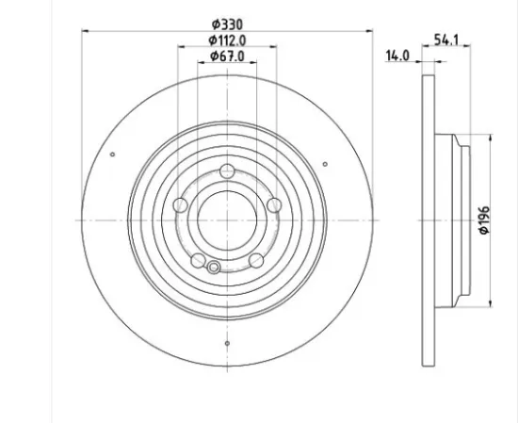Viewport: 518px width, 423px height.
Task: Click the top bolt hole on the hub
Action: click(x=227, y=171)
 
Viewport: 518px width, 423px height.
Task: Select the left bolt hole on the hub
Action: click(x=180, y=205)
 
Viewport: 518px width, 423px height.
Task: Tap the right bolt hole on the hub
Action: click(x=273, y=205)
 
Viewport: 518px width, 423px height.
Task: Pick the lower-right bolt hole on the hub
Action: click(x=255, y=260)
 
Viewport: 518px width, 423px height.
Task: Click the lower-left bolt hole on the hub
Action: click(x=198, y=260)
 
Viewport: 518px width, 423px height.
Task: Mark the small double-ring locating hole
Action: click(x=215, y=268)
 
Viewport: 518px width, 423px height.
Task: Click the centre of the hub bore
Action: click(x=227, y=220)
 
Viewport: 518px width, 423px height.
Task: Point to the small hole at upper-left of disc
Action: click(x=112, y=155)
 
